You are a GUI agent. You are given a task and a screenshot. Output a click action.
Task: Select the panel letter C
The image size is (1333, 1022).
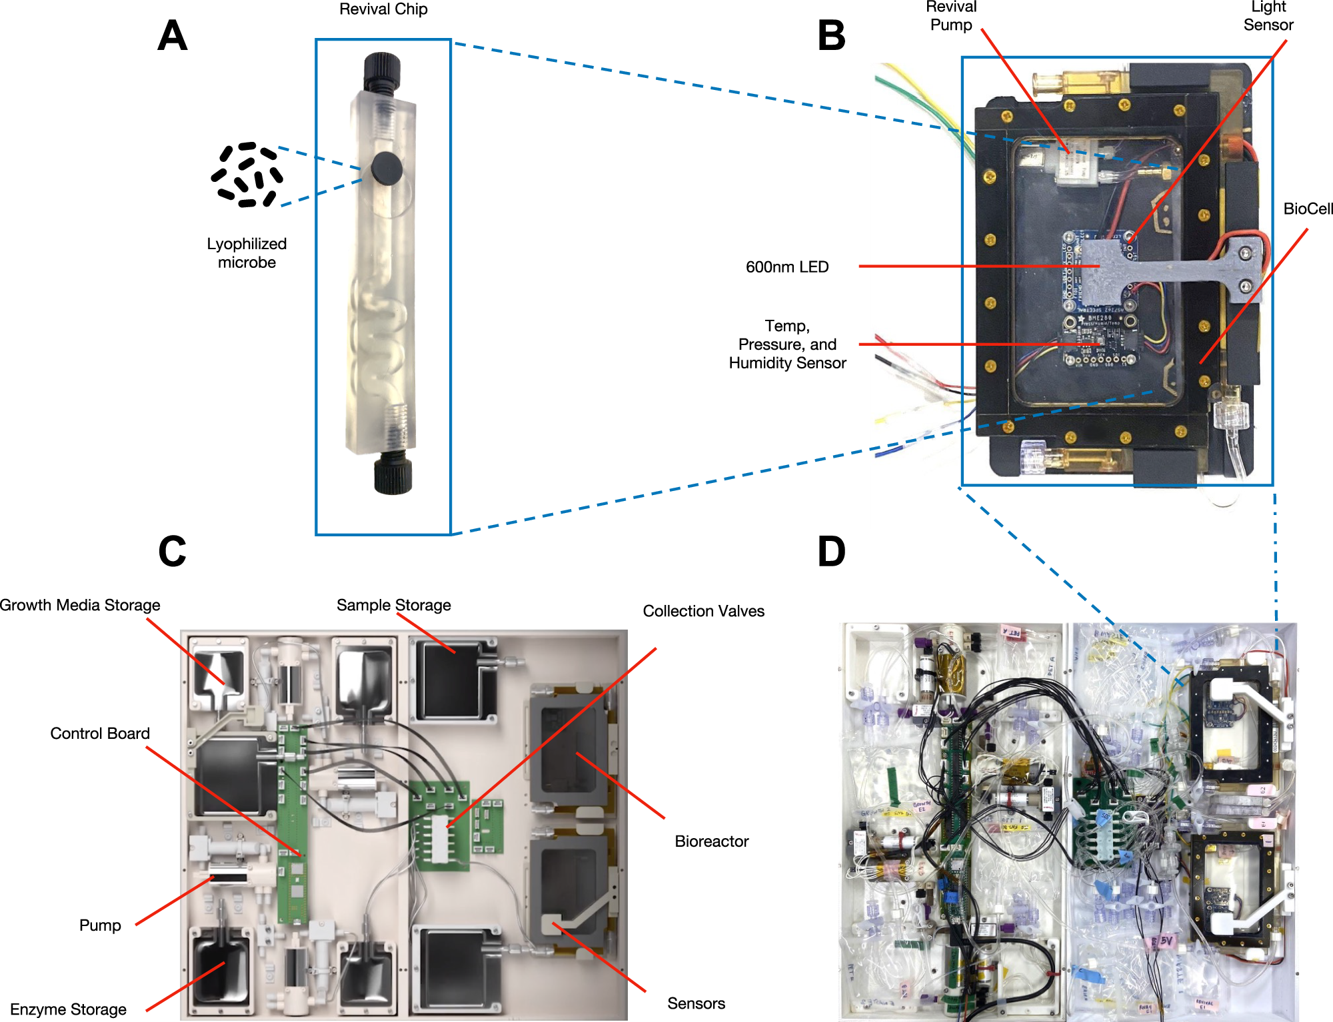tap(172, 551)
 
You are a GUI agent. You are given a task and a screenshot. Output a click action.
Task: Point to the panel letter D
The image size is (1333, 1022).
tap(831, 551)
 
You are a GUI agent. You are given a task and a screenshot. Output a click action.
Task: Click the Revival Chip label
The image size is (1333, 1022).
tap(383, 9)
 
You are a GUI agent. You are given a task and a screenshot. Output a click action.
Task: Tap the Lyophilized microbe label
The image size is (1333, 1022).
tap(247, 253)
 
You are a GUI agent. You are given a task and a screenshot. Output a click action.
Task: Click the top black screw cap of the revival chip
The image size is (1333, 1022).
tap(382, 72)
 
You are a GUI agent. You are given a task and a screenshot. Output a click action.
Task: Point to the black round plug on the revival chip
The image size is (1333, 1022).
tap(387, 168)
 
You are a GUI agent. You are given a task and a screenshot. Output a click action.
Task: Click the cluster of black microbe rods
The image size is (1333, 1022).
tap(247, 175)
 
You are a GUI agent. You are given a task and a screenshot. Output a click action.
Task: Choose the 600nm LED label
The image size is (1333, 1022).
tap(787, 267)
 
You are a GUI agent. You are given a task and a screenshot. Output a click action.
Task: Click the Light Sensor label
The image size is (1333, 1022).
tap(1268, 16)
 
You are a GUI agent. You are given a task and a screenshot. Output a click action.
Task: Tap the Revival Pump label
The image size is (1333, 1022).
tap(951, 16)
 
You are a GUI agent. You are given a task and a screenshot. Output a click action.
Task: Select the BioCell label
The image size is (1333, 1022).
tap(1308, 209)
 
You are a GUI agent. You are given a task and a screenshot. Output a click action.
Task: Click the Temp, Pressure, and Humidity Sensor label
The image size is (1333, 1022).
tap(787, 344)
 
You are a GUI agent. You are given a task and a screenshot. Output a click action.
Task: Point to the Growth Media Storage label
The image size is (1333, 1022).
tap(80, 605)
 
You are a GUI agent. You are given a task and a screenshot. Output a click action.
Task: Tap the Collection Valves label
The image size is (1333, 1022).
tap(703, 611)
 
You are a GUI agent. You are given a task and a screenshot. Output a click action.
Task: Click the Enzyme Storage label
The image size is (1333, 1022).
tap(68, 1009)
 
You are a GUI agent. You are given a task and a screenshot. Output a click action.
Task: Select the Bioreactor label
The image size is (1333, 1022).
tap(711, 841)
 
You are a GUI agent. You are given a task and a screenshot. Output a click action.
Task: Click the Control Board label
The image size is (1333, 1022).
tap(100, 734)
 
